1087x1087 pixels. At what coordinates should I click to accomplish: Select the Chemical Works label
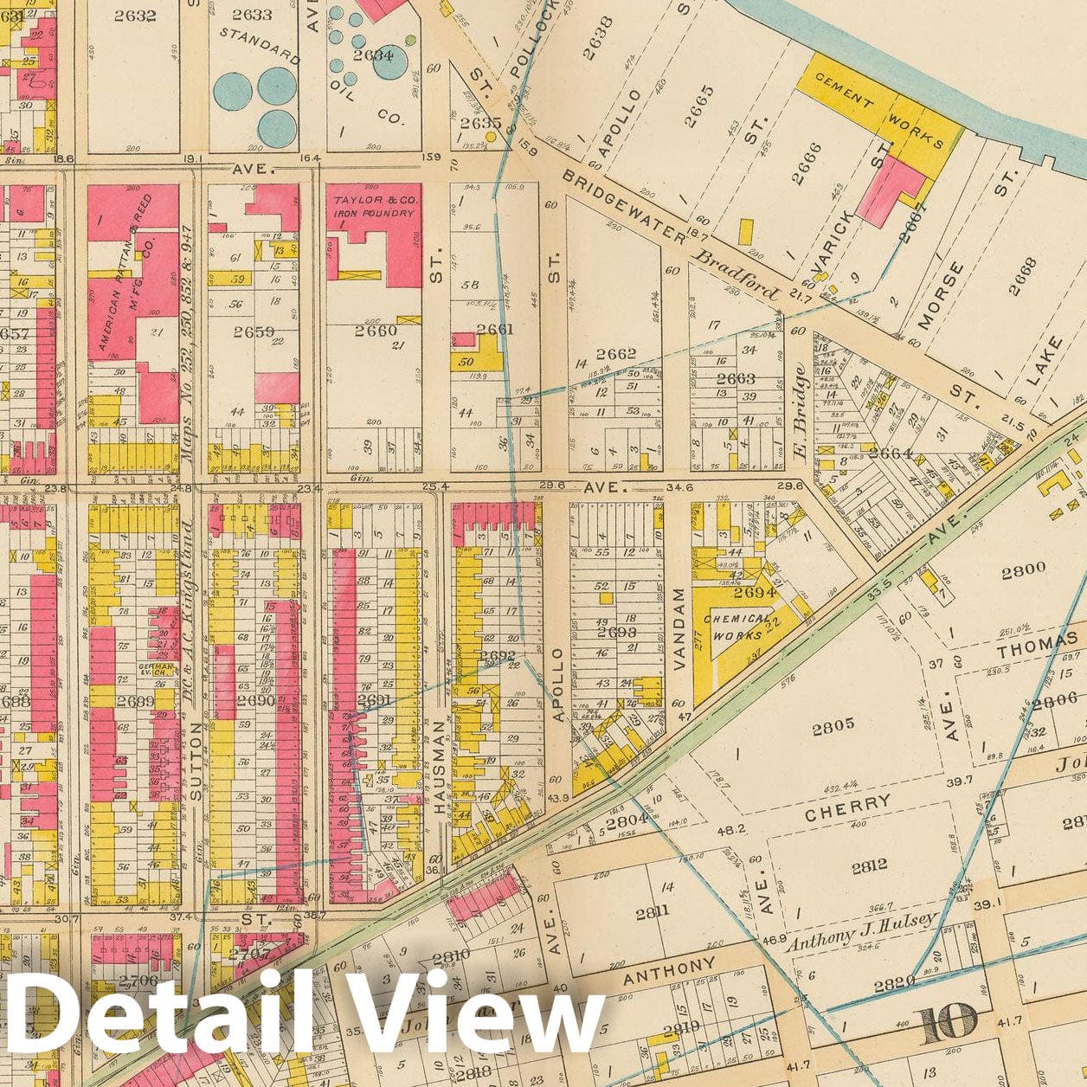click(737, 627)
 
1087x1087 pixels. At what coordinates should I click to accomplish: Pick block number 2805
click(833, 726)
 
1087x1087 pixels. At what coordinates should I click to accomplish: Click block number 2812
click(868, 865)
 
